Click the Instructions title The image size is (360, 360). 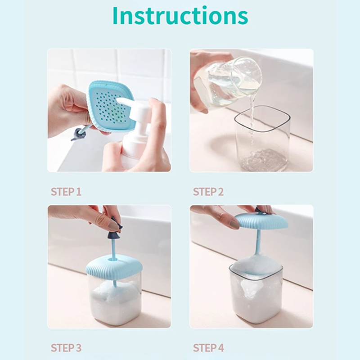(x=180, y=16)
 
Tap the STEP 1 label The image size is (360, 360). (x=66, y=192)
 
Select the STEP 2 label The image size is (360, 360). (x=208, y=192)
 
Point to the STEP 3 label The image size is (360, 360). (x=66, y=348)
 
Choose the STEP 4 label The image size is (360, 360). (x=208, y=348)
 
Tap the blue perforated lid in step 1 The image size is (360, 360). (x=108, y=106)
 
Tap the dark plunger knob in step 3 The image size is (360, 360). (x=115, y=232)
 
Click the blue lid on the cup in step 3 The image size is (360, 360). (x=114, y=267)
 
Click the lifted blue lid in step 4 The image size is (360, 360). (x=262, y=221)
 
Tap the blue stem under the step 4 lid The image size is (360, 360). (x=258, y=241)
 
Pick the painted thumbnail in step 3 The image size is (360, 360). (x=114, y=226)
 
